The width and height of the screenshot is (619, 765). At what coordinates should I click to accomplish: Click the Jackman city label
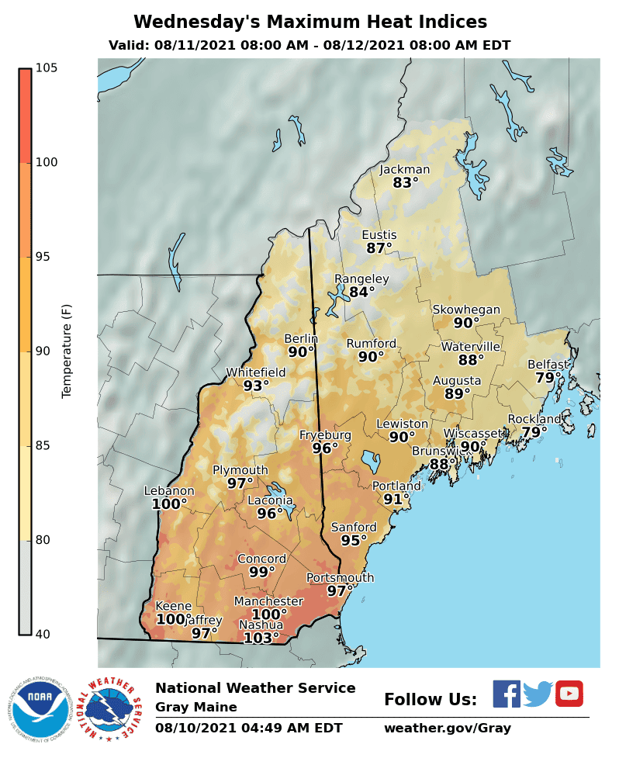point(404,170)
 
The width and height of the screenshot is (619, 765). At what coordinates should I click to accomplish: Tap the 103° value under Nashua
point(261,639)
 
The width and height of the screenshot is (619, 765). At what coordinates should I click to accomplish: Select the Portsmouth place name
point(340,578)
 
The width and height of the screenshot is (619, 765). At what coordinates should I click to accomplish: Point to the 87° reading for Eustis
point(379,248)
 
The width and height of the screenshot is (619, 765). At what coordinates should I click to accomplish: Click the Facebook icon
point(507,694)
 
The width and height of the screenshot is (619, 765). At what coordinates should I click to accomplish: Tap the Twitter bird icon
point(537,694)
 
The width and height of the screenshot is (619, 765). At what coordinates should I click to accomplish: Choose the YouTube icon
point(569,694)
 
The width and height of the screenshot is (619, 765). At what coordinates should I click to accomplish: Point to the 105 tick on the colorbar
point(46,68)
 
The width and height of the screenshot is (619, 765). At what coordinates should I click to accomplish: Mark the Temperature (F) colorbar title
point(67,351)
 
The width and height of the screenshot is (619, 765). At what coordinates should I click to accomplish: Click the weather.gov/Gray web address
point(447,729)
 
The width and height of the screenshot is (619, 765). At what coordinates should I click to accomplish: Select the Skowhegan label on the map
point(466,310)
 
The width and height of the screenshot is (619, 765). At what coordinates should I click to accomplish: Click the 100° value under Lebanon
point(169,504)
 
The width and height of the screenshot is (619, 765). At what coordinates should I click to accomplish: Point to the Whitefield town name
point(256,372)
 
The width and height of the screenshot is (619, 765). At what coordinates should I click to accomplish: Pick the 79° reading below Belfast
point(548,378)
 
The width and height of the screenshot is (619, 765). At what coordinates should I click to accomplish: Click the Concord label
point(261,559)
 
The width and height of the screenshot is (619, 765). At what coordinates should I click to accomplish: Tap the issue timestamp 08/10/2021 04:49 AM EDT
point(248,729)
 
